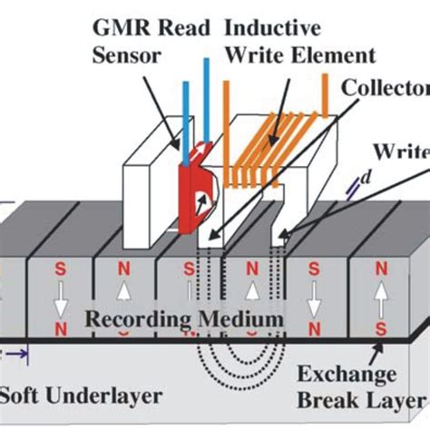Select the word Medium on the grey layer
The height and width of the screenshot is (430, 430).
point(237,320)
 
